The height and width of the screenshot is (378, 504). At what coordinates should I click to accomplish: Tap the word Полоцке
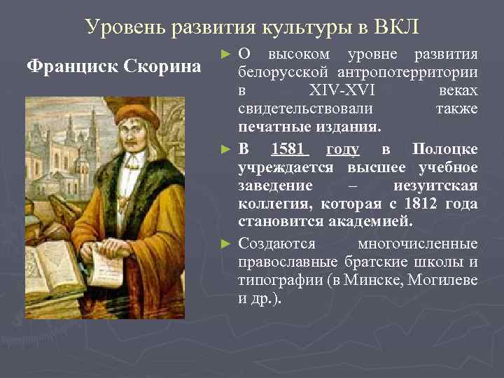coord(445,149)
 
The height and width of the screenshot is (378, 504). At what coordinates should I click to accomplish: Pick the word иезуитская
coord(436,185)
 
